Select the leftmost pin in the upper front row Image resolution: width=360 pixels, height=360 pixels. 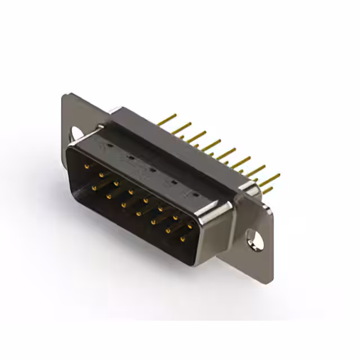pos(87,165)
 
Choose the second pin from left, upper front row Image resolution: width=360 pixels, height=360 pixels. pos(101,174)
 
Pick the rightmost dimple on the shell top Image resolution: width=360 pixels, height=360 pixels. pos(195,194)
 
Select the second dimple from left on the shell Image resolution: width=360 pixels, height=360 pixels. pos(130,157)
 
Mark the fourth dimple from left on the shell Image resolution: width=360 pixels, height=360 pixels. pos(174,182)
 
